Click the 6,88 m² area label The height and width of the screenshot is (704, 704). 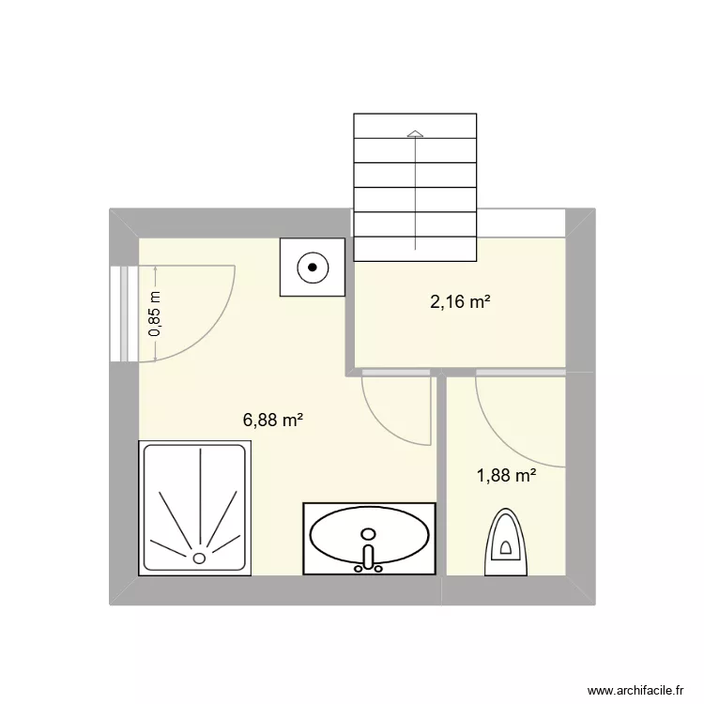pyautogui.click(x=273, y=421)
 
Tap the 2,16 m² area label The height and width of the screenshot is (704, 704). pyautogui.click(x=461, y=302)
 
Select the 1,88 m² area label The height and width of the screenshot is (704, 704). pyautogui.click(x=507, y=475)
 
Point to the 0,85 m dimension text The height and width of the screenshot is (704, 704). pyautogui.click(x=156, y=314)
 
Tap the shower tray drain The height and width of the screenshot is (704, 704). pyautogui.click(x=199, y=558)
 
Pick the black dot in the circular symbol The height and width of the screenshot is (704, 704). pyautogui.click(x=312, y=268)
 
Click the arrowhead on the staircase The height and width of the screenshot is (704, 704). pyautogui.click(x=414, y=134)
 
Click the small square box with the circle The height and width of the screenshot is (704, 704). pyautogui.click(x=312, y=268)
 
